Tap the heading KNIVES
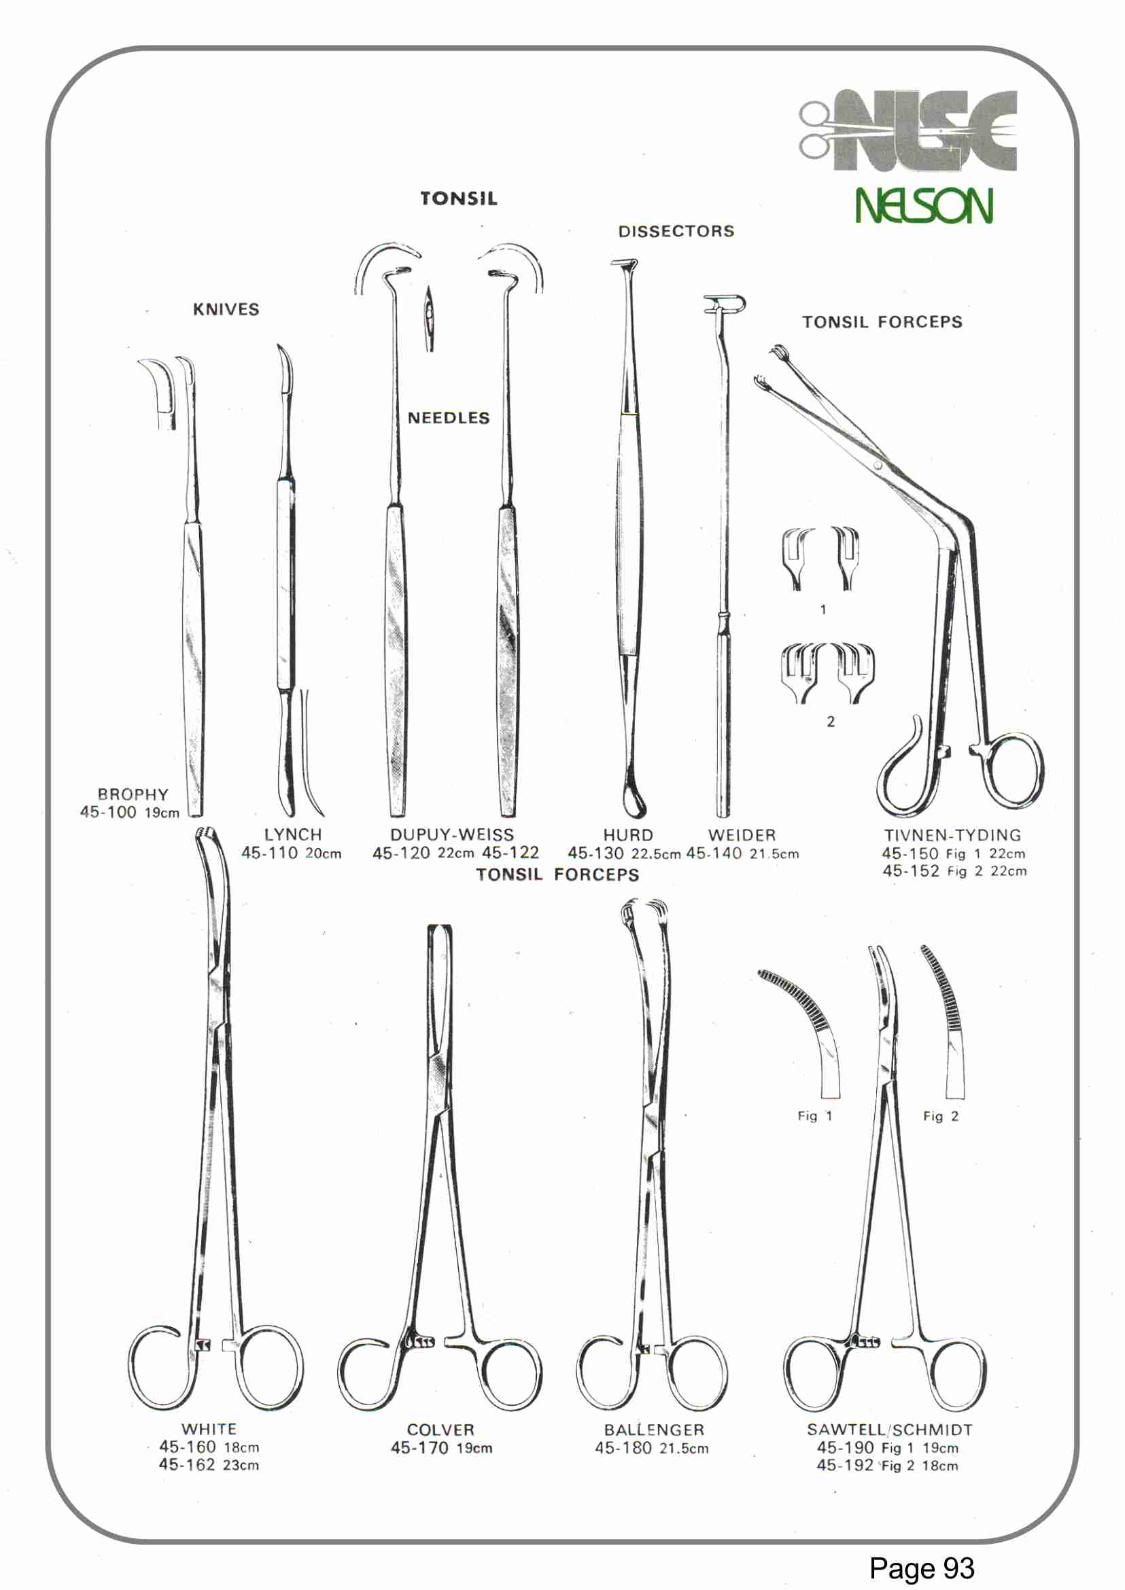tap(226, 310)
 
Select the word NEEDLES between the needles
tap(448, 419)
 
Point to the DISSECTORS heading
tap(676, 231)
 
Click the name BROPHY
tap(133, 794)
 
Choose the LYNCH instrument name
tap(293, 834)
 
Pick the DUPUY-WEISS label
tap(451, 834)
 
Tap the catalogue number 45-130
tap(595, 853)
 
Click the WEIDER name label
tap(742, 835)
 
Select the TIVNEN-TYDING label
tap(952, 835)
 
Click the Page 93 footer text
tap(921, 1568)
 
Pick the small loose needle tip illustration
tap(430, 319)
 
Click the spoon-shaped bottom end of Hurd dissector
tap(633, 803)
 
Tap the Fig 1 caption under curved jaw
tap(814, 1116)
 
